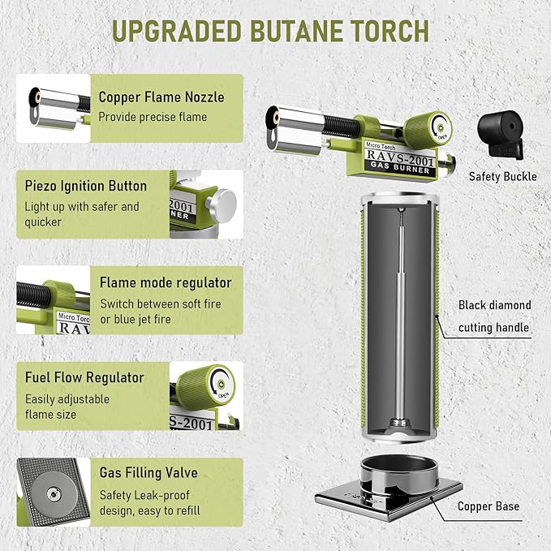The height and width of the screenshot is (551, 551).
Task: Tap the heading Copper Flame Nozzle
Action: coord(161,97)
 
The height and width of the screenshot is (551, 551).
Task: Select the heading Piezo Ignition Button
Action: coord(86,186)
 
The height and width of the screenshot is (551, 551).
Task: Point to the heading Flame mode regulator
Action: coord(166,282)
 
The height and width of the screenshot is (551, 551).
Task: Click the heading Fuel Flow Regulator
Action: coord(84,377)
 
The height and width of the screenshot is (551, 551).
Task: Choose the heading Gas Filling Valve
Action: coord(149,472)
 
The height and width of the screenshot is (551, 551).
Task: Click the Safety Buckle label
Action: coord(502,176)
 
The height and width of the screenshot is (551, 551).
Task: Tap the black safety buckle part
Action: coord(501,135)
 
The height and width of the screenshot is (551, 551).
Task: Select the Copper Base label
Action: coord(489,506)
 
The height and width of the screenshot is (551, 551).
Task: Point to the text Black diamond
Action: coord(495,305)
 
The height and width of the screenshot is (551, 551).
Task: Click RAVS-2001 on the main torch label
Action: coord(400,157)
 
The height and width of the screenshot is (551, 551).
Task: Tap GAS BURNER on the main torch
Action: coord(400,168)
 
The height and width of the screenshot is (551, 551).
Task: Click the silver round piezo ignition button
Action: coord(222,205)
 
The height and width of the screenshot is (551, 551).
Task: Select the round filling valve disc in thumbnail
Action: coord(54,493)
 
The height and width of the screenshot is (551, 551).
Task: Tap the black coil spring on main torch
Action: coord(341,127)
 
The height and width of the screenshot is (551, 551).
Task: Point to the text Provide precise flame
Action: coord(153,117)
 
